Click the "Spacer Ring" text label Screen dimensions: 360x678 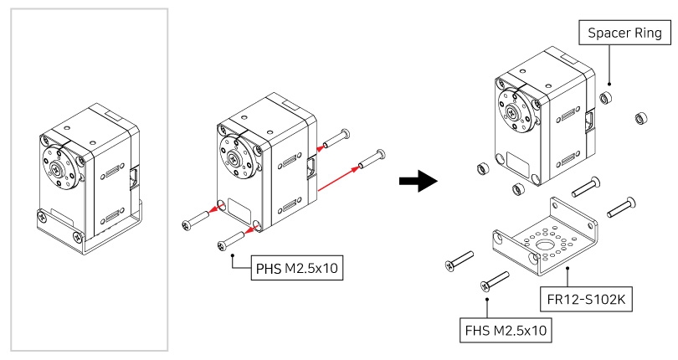(625, 33)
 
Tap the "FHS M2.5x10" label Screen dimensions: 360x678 (506, 331)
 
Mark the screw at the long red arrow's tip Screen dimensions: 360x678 (372, 157)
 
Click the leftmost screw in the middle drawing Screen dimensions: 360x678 (197, 222)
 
